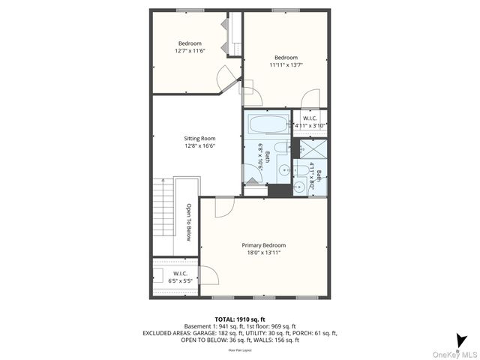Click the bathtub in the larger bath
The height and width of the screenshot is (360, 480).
coord(266,124)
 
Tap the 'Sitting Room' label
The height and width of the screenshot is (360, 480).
coord(199,139)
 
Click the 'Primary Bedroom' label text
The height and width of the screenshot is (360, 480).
coord(263,245)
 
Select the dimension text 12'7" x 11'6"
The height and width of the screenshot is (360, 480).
coord(190,51)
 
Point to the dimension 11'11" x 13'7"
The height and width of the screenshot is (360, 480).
coord(286,66)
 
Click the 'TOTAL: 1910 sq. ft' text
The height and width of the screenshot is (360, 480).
coord(239,319)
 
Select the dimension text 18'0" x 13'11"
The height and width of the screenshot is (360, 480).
coord(263,253)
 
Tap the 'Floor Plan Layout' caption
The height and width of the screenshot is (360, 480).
coord(239,349)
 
